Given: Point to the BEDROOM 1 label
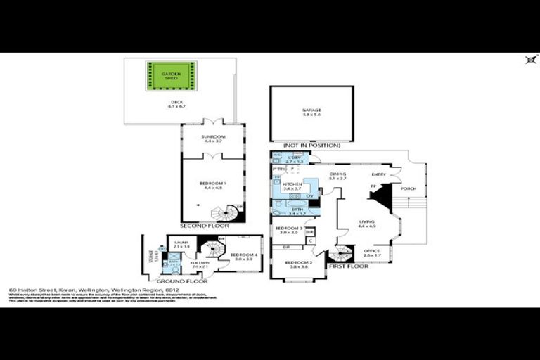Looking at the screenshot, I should click(212, 184).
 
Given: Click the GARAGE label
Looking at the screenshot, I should click(311, 110).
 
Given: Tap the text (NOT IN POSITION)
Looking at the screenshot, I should click(311, 146).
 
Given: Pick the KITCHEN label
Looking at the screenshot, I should click(291, 186).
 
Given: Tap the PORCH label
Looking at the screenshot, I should click(409, 188).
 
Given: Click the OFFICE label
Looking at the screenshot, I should click(373, 251).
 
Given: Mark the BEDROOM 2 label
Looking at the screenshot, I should click(298, 264).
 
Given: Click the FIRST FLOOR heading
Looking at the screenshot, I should click(349, 267).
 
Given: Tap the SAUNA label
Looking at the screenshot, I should click(182, 243).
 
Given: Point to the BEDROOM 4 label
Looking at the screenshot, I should click(243, 256).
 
